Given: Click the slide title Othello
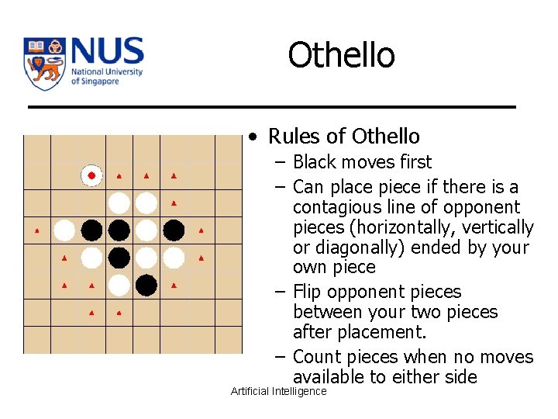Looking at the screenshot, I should [341, 56].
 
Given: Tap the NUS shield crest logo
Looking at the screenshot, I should [45, 64].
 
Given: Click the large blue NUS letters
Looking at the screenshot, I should [107, 52].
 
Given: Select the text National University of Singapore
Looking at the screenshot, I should [106, 77].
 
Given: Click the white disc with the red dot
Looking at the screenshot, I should [91, 176].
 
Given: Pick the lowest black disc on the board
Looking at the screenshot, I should [146, 286].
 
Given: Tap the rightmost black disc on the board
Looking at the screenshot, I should [174, 230].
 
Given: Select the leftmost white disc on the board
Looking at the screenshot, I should [64, 230].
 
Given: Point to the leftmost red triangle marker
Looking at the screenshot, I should [37, 230].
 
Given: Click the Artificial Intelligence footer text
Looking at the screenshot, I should [279, 391].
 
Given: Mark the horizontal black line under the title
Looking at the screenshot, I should [271, 106].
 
